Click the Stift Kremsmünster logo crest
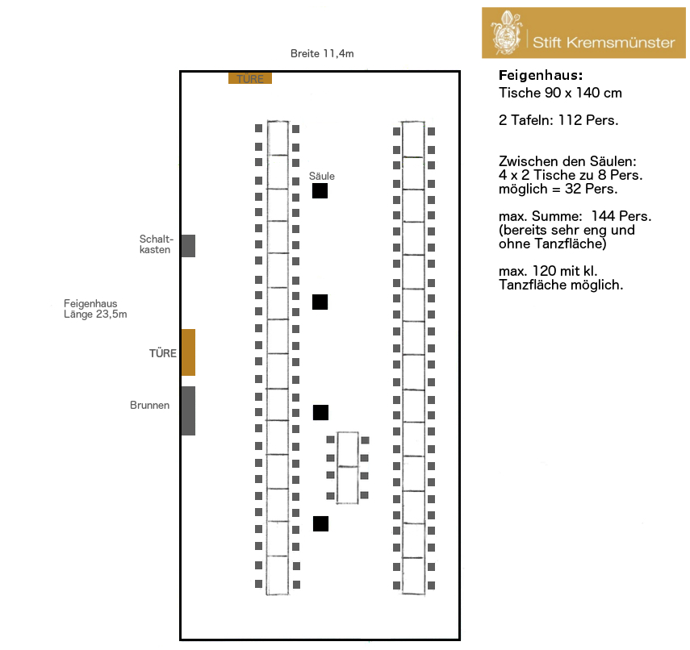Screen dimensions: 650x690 pyautogui.click(x=506, y=33)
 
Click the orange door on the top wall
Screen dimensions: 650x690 pyautogui.click(x=250, y=78)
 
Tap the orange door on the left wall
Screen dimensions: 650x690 pyautogui.click(x=188, y=352)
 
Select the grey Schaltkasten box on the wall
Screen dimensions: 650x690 pyautogui.click(x=188, y=245)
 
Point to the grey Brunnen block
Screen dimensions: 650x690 pyautogui.click(x=188, y=410)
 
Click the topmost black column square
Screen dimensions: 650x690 pyautogui.click(x=320, y=191)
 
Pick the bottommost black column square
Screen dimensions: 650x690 pyautogui.click(x=320, y=523)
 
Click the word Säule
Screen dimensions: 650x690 pyautogui.click(x=321, y=176)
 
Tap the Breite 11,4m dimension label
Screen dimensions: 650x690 pyautogui.click(x=322, y=53)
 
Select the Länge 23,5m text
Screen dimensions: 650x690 pyautogui.click(x=95, y=315)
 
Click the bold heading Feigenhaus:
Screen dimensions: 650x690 pyautogui.click(x=540, y=75)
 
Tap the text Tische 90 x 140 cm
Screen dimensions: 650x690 pyautogui.click(x=560, y=94)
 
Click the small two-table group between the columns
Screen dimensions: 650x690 pyautogui.click(x=348, y=468)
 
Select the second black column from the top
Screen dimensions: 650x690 pyautogui.click(x=320, y=302)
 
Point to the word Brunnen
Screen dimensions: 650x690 pyautogui.click(x=149, y=406)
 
